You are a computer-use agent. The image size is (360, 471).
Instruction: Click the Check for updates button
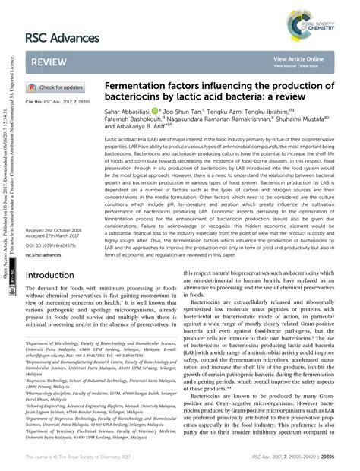56,87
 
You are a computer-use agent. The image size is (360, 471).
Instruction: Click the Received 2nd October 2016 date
59,229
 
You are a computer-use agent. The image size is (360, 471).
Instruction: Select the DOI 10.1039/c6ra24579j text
55,246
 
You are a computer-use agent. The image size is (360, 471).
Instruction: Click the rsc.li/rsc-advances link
47,256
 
